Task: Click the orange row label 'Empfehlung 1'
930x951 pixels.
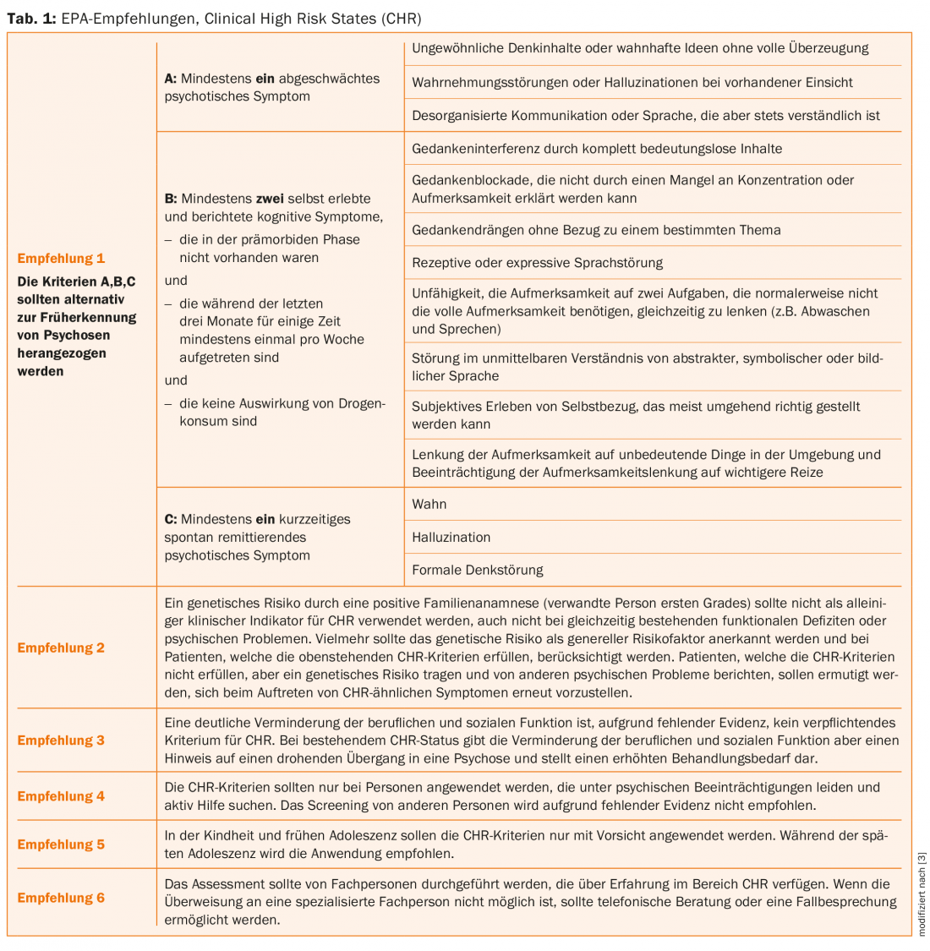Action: tap(61, 259)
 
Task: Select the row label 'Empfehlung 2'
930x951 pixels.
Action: tap(61, 648)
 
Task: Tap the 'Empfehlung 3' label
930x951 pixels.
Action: tap(61, 741)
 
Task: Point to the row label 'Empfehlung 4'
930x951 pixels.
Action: tap(61, 796)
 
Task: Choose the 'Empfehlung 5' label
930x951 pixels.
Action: tap(61, 844)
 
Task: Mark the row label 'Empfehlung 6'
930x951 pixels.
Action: tap(61, 898)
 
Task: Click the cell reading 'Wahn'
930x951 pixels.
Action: tap(429, 504)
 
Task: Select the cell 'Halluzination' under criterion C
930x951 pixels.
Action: tap(451, 537)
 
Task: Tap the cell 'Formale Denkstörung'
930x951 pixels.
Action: tap(477, 570)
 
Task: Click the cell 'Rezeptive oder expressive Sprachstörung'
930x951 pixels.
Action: tap(537, 263)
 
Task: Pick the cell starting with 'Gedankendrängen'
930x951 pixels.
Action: tap(596, 230)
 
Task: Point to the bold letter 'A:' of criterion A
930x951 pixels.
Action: tap(171, 79)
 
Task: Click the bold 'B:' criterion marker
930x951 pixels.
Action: tap(171, 199)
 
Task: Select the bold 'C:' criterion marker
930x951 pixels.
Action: tap(171, 519)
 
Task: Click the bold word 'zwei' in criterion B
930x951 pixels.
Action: tap(271, 199)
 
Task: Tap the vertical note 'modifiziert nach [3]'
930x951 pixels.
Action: tap(922, 894)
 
